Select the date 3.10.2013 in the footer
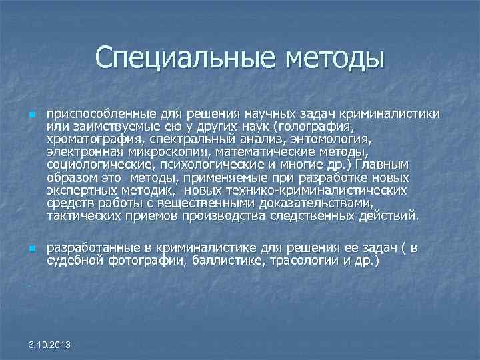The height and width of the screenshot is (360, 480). coord(53,344)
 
